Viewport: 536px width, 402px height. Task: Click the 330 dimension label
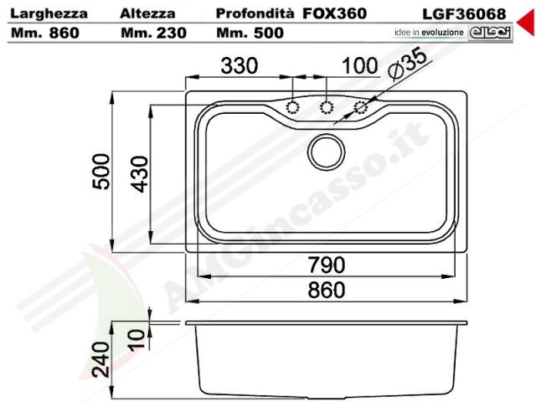click(x=239, y=65)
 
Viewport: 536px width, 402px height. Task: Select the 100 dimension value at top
click(x=359, y=65)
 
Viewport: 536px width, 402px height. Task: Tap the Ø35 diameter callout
click(x=408, y=64)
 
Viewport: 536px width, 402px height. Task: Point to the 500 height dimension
click(x=101, y=172)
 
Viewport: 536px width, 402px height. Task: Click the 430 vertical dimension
click(x=140, y=174)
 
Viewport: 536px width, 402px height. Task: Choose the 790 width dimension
click(x=327, y=265)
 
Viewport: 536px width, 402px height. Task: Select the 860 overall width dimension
click(x=327, y=291)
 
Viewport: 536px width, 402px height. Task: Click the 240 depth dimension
click(x=101, y=359)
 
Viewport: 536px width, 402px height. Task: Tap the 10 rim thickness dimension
click(x=137, y=338)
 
